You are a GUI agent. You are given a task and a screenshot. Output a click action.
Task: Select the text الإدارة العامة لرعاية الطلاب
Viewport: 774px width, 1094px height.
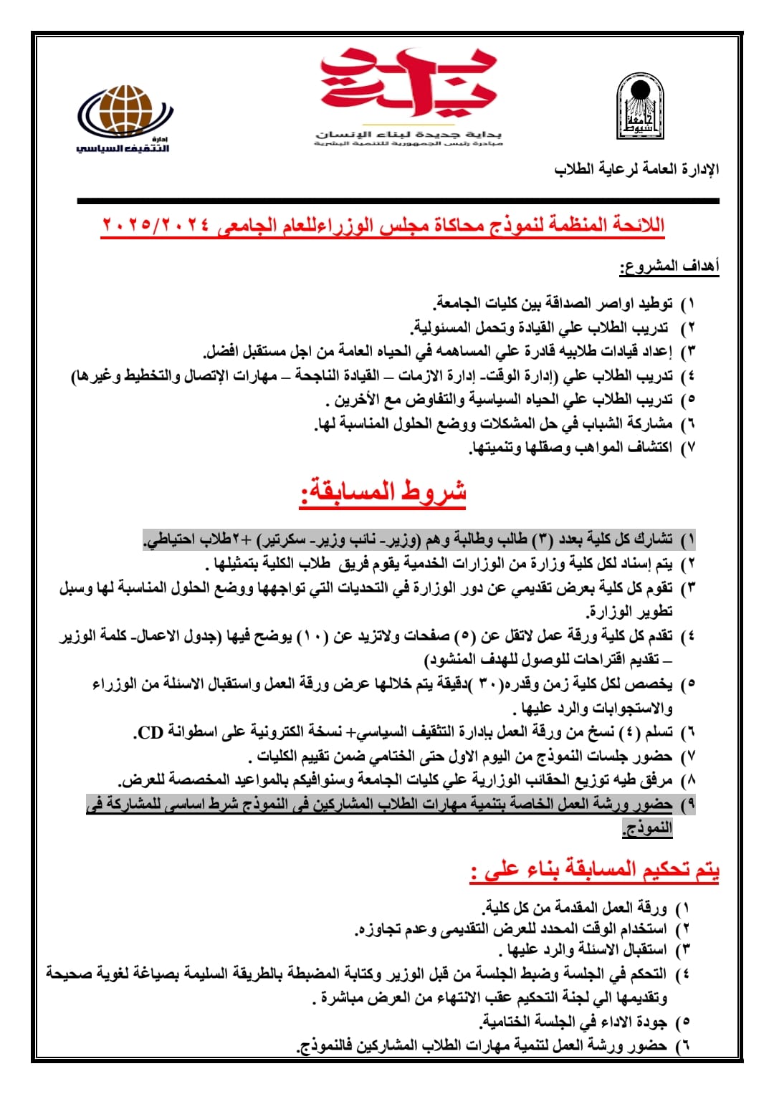(636, 170)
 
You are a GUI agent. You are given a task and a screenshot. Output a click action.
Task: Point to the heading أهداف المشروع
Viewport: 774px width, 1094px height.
(669, 267)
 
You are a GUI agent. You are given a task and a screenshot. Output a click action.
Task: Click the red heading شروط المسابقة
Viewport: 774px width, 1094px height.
(383, 492)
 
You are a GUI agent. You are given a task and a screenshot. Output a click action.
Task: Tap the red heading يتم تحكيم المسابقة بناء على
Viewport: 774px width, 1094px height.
(595, 870)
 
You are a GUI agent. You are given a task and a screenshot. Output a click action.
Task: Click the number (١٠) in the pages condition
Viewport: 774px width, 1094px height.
(312, 635)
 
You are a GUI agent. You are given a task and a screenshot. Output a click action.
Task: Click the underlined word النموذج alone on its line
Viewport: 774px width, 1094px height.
(648, 828)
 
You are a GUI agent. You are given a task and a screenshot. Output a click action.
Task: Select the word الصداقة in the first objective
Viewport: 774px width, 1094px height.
(573, 304)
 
